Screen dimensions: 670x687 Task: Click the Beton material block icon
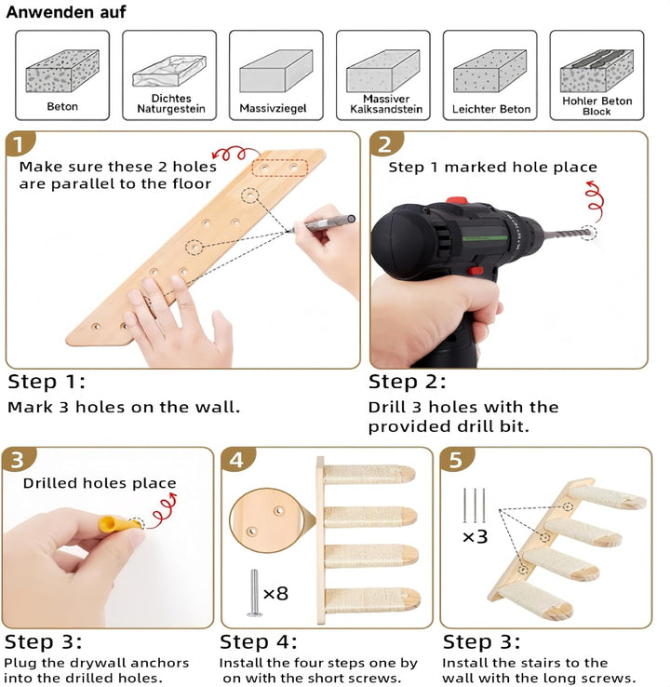coord(62,71)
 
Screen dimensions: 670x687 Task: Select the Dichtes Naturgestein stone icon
coord(169,71)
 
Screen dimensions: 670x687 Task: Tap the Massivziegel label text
coord(273,108)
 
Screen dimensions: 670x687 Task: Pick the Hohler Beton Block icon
coord(596,71)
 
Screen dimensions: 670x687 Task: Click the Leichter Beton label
coord(491,109)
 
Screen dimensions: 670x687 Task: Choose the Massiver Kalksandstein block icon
coord(383,71)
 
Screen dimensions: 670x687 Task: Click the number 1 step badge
coord(19,144)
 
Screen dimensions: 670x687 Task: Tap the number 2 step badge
coord(384,144)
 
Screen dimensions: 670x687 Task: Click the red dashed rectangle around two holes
coord(280,168)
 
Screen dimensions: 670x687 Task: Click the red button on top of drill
coord(457,201)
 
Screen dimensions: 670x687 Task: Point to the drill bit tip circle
coord(588,232)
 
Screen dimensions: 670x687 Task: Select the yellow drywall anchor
coord(115,524)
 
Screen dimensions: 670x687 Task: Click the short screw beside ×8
coord(254,593)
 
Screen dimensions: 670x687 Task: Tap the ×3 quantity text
coord(476,537)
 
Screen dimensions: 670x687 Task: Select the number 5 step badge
coord(456,460)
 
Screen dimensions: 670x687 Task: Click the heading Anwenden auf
coord(66,12)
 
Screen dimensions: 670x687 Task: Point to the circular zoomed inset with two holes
coord(265,520)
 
